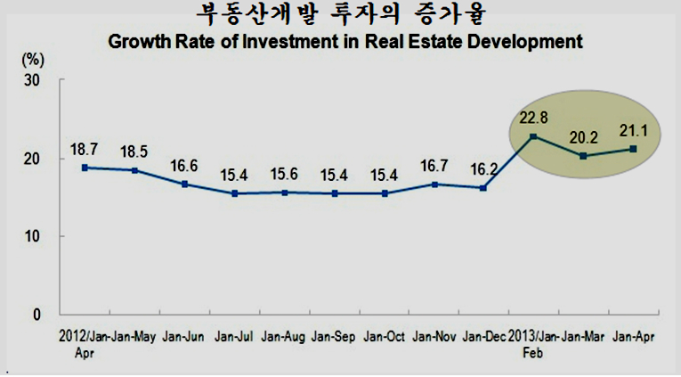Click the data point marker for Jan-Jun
click(x=184, y=184)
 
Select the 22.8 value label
click(x=534, y=118)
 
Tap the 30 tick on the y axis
click(x=31, y=80)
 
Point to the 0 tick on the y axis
click(x=36, y=315)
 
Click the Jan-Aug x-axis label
click(x=283, y=337)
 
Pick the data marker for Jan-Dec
click(x=483, y=188)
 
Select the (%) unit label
click(x=33, y=60)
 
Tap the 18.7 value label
click(x=85, y=150)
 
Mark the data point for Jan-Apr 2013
click(x=633, y=149)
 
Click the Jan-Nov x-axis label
click(x=434, y=337)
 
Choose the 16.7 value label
click(x=434, y=166)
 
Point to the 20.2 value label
click(x=584, y=138)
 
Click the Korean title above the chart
click(x=341, y=14)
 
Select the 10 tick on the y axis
click(x=31, y=236)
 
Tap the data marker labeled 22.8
click(x=533, y=136)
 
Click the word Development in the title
click(x=525, y=42)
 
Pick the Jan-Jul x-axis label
click(x=233, y=337)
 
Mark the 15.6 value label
click(x=284, y=175)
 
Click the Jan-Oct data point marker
click(x=385, y=193)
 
